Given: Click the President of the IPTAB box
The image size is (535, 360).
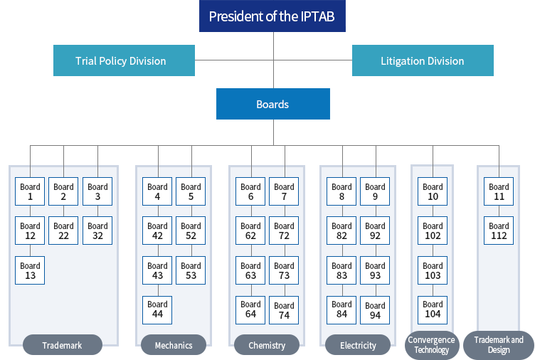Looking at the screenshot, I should pyautogui.click(x=272, y=16).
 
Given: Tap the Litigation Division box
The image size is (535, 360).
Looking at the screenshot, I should pyautogui.click(x=423, y=60).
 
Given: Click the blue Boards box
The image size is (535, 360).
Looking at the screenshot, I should pyautogui.click(x=272, y=104).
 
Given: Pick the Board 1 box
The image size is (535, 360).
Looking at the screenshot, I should pyautogui.click(x=30, y=192).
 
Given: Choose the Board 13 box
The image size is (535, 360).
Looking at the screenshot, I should pyautogui.click(x=30, y=270).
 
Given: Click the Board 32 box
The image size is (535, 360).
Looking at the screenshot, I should pyautogui.click(x=97, y=231).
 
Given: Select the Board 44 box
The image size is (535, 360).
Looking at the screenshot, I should pyautogui.click(x=157, y=309).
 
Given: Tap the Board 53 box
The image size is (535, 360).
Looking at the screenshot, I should pyautogui.click(x=191, y=270).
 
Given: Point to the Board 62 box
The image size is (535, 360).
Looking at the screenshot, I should pyautogui.click(x=250, y=231).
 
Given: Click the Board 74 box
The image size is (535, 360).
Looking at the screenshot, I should pyautogui.click(x=284, y=309).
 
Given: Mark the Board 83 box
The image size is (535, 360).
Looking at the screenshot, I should pyautogui.click(x=341, y=270).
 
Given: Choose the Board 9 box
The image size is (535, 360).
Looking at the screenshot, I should pyautogui.click(x=375, y=192).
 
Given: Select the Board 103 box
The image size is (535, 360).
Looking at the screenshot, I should pyautogui.click(x=433, y=270).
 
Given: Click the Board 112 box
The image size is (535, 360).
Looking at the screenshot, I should pyautogui.click(x=499, y=231).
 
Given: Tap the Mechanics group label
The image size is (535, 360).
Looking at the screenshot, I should pyautogui.click(x=174, y=345).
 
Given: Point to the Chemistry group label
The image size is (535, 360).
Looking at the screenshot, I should pyautogui.click(x=267, y=345).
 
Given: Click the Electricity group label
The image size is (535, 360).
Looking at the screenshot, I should pyautogui.click(x=358, y=345).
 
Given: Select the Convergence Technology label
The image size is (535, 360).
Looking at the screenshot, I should pyautogui.click(x=432, y=345).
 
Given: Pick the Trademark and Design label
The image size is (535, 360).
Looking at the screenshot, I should pyautogui.click(x=499, y=345).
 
